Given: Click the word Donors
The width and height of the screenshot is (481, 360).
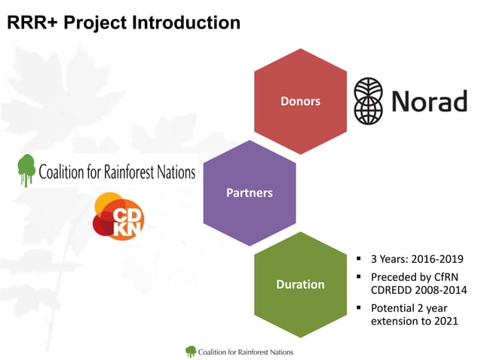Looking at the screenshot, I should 300,100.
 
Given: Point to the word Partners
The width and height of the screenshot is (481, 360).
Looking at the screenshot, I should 250,193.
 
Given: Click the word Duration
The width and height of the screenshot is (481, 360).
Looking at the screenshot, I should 300,285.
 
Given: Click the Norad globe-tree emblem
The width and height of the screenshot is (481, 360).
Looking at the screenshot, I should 372,101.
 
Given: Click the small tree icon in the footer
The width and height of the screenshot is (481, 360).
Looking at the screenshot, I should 190,351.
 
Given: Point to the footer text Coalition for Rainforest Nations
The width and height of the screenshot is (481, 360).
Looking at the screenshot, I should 246,352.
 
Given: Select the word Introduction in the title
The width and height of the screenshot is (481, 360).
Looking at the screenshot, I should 186,23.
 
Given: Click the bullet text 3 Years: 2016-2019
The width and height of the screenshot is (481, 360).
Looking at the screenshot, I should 417,260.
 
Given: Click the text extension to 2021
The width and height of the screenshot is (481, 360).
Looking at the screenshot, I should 415,322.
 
